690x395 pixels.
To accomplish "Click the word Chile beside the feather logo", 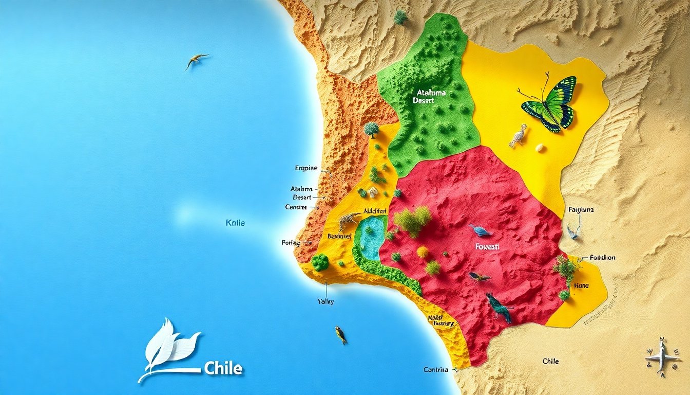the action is [x=223, y=368].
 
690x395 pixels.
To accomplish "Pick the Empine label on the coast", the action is [x=306, y=168].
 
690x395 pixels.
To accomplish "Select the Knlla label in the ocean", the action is [x=235, y=223].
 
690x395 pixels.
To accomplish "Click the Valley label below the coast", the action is [x=326, y=302].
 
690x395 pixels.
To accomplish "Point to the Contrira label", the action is [x=436, y=370].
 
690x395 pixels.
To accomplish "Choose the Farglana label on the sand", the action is [x=581, y=210].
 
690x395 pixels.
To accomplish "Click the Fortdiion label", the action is [x=602, y=258].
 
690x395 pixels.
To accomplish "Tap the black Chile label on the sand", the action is [x=550, y=362].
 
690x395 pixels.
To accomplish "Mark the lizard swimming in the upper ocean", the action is [x=196, y=60].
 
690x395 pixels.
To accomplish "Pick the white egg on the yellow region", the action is [x=540, y=148].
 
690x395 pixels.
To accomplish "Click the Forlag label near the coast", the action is [x=291, y=242].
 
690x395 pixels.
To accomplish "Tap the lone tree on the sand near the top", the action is [x=400, y=17].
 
